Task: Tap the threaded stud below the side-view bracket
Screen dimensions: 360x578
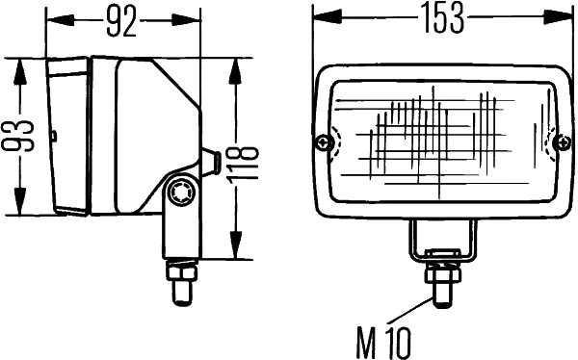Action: coord(178,281)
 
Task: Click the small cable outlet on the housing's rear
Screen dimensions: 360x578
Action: coord(209,163)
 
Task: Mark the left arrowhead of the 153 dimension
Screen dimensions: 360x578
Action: coord(321,17)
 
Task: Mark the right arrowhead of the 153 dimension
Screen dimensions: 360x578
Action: coord(567,17)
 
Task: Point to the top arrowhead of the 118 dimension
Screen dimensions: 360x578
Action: coord(236,64)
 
